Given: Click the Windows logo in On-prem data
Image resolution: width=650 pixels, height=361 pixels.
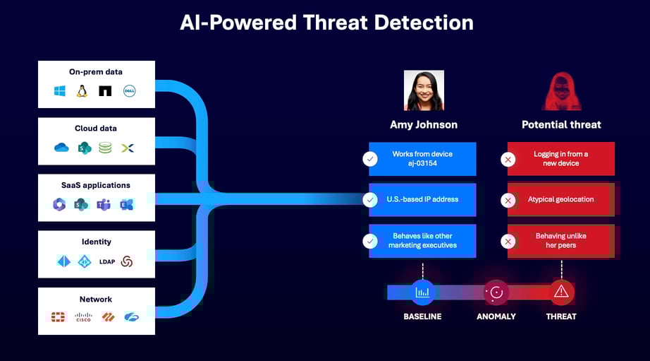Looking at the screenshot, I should point(60,91).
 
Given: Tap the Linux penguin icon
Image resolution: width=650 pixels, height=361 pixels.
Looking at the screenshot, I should point(82,91).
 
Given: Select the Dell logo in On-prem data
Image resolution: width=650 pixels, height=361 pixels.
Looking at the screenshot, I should point(129,91).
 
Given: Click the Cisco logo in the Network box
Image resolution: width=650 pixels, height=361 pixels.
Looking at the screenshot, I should point(84,317).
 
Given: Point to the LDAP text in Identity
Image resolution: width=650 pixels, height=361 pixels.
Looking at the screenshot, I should point(107,261).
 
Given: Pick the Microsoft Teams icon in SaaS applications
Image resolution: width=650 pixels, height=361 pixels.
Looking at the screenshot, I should point(104,205).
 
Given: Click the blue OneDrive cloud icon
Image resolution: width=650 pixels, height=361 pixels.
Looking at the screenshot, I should point(61,148).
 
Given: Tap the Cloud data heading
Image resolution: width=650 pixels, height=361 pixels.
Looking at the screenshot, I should point(96,129).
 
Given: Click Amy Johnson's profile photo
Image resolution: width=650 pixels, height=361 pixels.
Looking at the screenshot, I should point(424,90).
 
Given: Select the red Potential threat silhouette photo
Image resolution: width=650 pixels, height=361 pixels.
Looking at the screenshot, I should point(561,91).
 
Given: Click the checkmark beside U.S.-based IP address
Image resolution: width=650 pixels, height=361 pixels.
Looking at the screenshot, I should point(370,200).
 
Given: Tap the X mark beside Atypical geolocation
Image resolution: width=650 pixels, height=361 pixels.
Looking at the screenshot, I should point(507,201).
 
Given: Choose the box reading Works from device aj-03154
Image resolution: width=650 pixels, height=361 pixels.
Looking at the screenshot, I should point(422,159).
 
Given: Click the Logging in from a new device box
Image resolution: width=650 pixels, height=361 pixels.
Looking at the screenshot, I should point(560,159).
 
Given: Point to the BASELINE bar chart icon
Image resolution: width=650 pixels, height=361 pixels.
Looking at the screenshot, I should point(422,292).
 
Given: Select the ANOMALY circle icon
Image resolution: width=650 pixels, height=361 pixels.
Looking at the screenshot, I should point(496,292).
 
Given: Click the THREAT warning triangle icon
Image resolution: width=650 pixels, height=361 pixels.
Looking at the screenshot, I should point(561,292).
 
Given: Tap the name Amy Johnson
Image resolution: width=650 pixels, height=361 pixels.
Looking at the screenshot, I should point(424,124).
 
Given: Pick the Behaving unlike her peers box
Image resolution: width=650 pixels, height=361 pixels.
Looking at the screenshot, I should point(560,241).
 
